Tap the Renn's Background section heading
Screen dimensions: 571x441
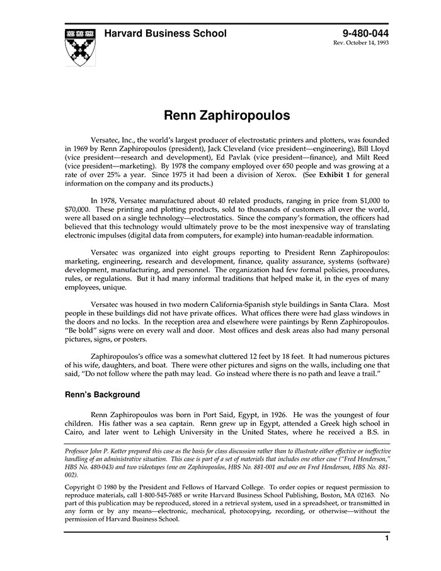(102, 395)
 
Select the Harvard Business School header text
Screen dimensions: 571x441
(166, 34)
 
